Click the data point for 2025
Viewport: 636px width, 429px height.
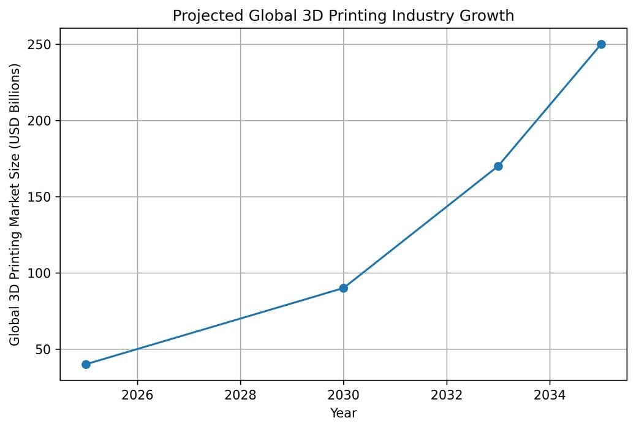pos(86,364)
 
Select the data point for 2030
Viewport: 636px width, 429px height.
pos(343,288)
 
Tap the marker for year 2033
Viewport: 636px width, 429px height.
pos(498,166)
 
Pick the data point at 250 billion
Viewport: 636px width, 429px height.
pos(601,44)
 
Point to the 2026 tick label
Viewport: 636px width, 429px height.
pos(137,393)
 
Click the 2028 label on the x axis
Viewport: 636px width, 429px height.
pos(240,393)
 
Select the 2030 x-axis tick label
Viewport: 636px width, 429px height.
pos(343,393)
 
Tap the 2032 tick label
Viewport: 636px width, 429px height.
pos(447,393)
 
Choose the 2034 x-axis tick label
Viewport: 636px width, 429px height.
pos(550,393)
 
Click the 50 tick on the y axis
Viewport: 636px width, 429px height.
pos(47,349)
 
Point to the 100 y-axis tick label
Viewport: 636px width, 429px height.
pos(44,273)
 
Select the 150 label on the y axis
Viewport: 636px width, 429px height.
pos(44,197)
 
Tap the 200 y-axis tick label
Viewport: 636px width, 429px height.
pos(44,121)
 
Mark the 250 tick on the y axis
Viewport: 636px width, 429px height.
pos(44,45)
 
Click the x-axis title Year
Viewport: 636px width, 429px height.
pos(343,413)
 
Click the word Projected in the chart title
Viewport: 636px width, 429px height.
pos(200,16)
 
